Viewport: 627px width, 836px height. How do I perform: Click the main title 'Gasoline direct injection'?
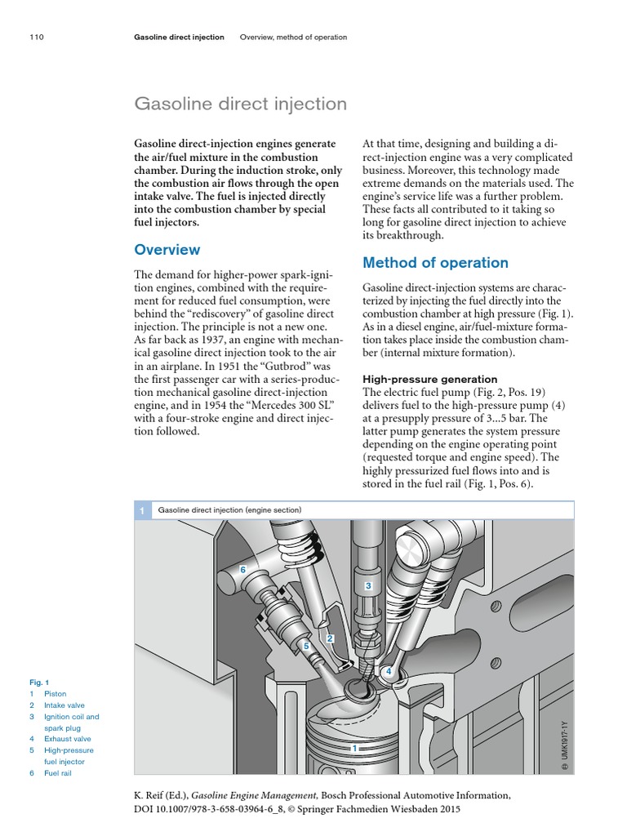241,104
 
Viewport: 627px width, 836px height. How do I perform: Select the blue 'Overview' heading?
167,250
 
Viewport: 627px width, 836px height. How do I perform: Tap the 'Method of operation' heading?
434,263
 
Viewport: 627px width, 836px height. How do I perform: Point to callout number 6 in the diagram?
242,567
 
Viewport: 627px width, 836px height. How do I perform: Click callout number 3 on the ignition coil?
368,586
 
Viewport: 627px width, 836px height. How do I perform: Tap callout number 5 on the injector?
306,646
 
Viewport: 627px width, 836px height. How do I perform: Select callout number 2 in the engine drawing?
330,638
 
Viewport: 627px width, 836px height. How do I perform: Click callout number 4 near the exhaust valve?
389,671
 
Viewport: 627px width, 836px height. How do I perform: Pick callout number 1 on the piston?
354,747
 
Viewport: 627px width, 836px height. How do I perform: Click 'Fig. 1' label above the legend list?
37,683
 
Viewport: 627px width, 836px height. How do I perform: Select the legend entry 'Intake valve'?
64,705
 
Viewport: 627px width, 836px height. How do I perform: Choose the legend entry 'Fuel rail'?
58,773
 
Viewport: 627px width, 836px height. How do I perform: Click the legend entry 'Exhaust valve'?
66,739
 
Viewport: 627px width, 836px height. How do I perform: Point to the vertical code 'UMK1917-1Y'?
563,745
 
